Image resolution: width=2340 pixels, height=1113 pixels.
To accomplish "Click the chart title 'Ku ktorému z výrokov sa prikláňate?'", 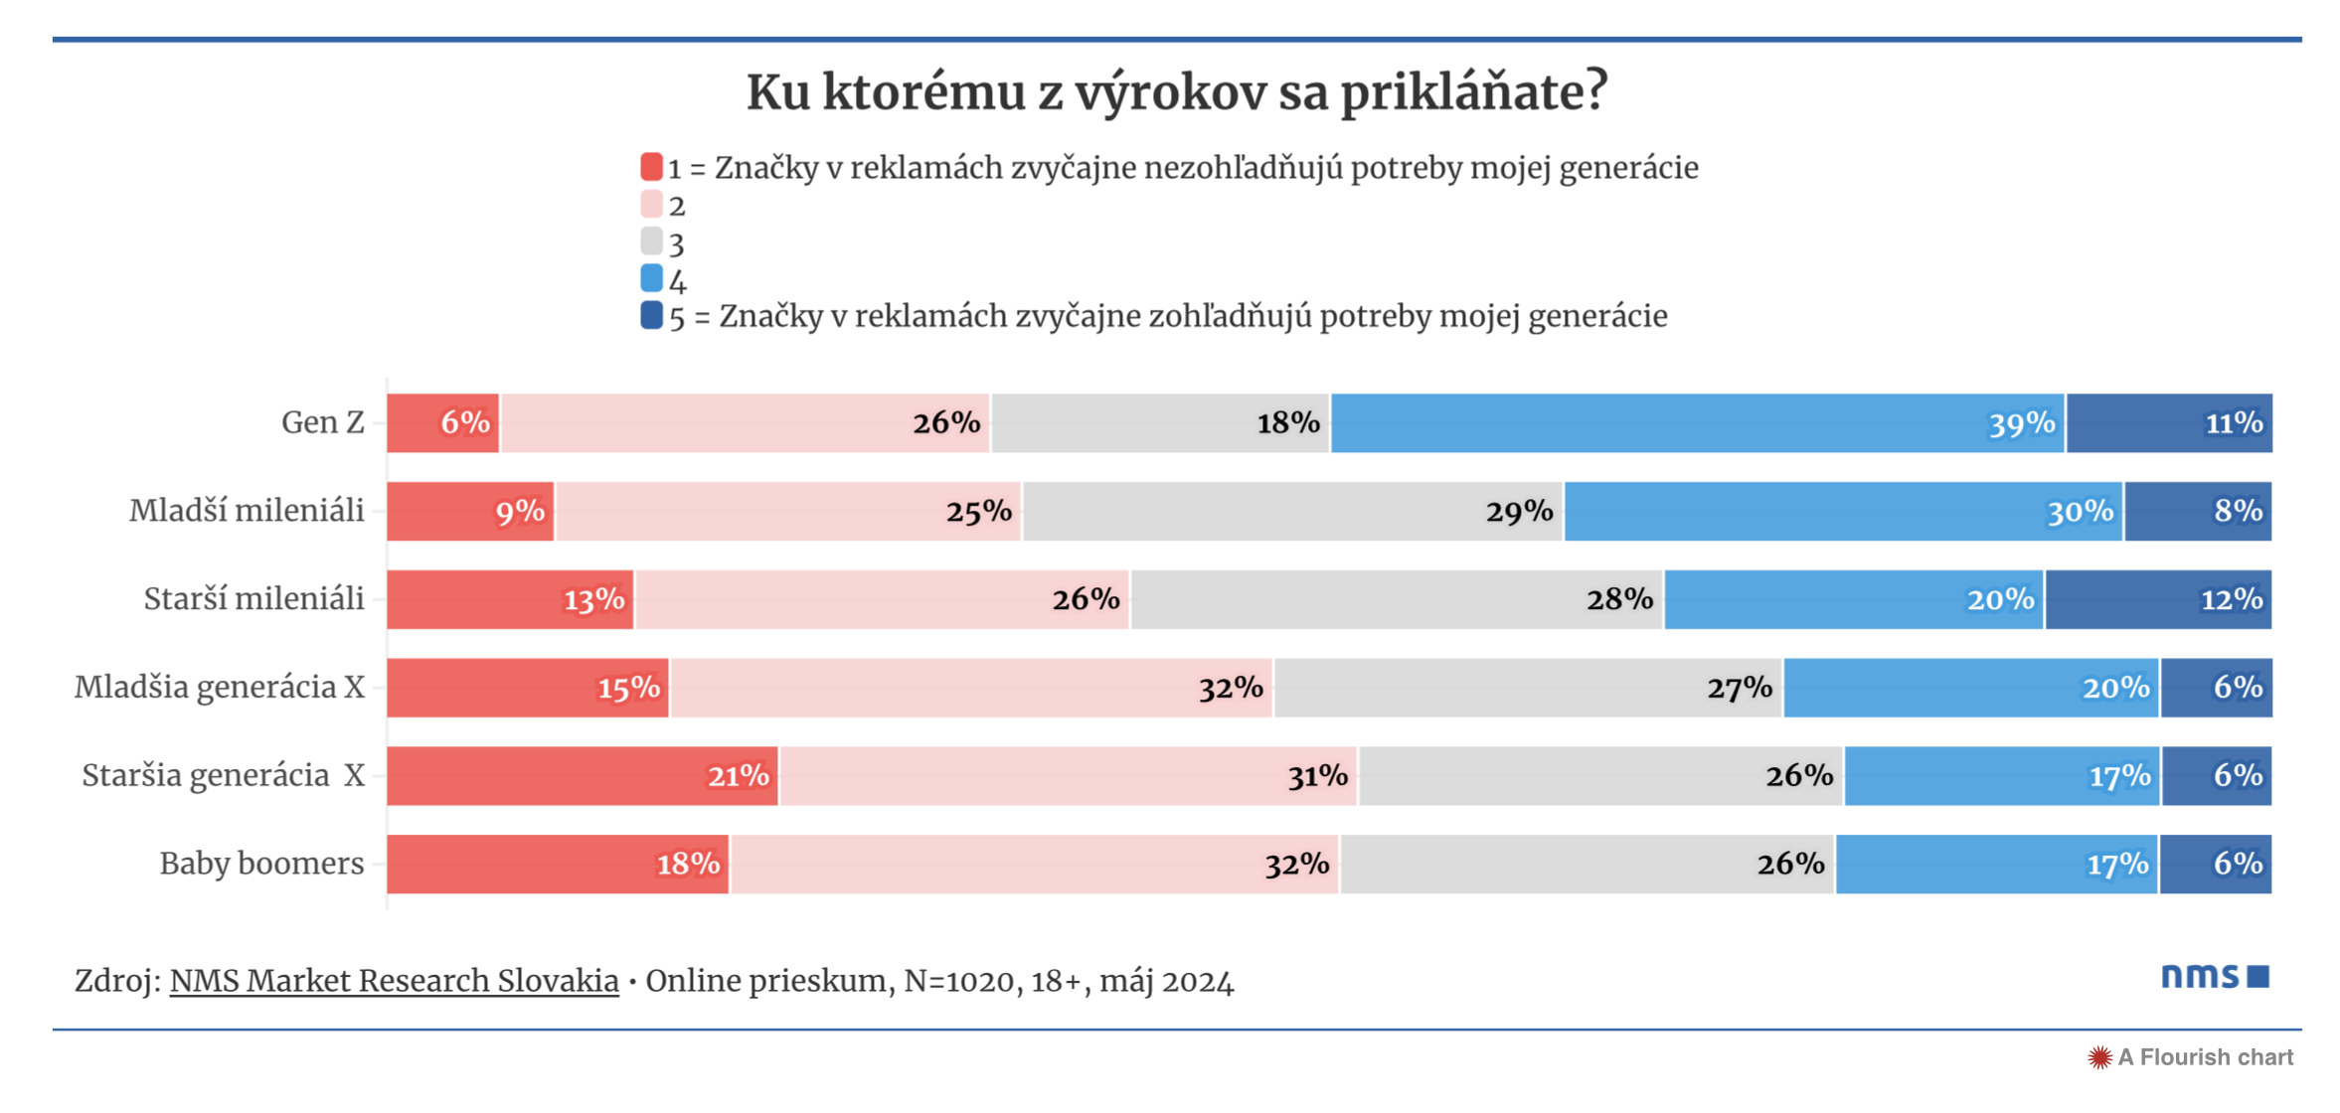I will (x=1176, y=91).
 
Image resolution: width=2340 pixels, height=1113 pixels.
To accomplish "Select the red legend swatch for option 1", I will (x=651, y=167).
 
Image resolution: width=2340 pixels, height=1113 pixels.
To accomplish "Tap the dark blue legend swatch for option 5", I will (x=651, y=315).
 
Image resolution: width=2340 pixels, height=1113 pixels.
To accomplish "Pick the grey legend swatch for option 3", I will (x=651, y=241).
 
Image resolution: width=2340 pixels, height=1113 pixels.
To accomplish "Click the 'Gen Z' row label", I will (x=323, y=422).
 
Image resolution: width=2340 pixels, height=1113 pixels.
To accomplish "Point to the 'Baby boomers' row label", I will (x=261, y=864).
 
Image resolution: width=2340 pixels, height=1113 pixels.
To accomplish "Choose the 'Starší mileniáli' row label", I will (x=253, y=599).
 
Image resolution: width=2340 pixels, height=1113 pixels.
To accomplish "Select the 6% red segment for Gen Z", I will (x=442, y=423).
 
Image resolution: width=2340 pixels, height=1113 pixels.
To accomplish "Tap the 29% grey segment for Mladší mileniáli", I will (x=1292, y=512).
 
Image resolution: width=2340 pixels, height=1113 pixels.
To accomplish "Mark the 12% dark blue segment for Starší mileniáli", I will (x=2157, y=599).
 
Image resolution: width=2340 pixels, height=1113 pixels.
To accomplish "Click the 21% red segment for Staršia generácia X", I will (x=582, y=776).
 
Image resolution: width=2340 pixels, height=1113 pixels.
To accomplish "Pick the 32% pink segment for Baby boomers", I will (x=1034, y=865).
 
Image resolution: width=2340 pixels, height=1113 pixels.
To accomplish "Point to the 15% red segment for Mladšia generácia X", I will (x=527, y=688).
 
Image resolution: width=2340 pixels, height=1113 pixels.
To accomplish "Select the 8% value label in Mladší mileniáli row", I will (x=2238, y=511).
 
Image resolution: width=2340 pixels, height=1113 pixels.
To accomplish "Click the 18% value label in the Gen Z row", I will (x=1287, y=423).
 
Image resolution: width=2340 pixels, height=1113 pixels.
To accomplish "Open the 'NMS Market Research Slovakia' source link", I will (x=394, y=981).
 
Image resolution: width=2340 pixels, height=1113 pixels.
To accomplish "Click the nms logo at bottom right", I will (x=2214, y=976).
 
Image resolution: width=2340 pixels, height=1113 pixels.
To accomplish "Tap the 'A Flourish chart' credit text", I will (x=2204, y=1057).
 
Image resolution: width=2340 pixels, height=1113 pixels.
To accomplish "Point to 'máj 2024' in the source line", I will (x=1166, y=982).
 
